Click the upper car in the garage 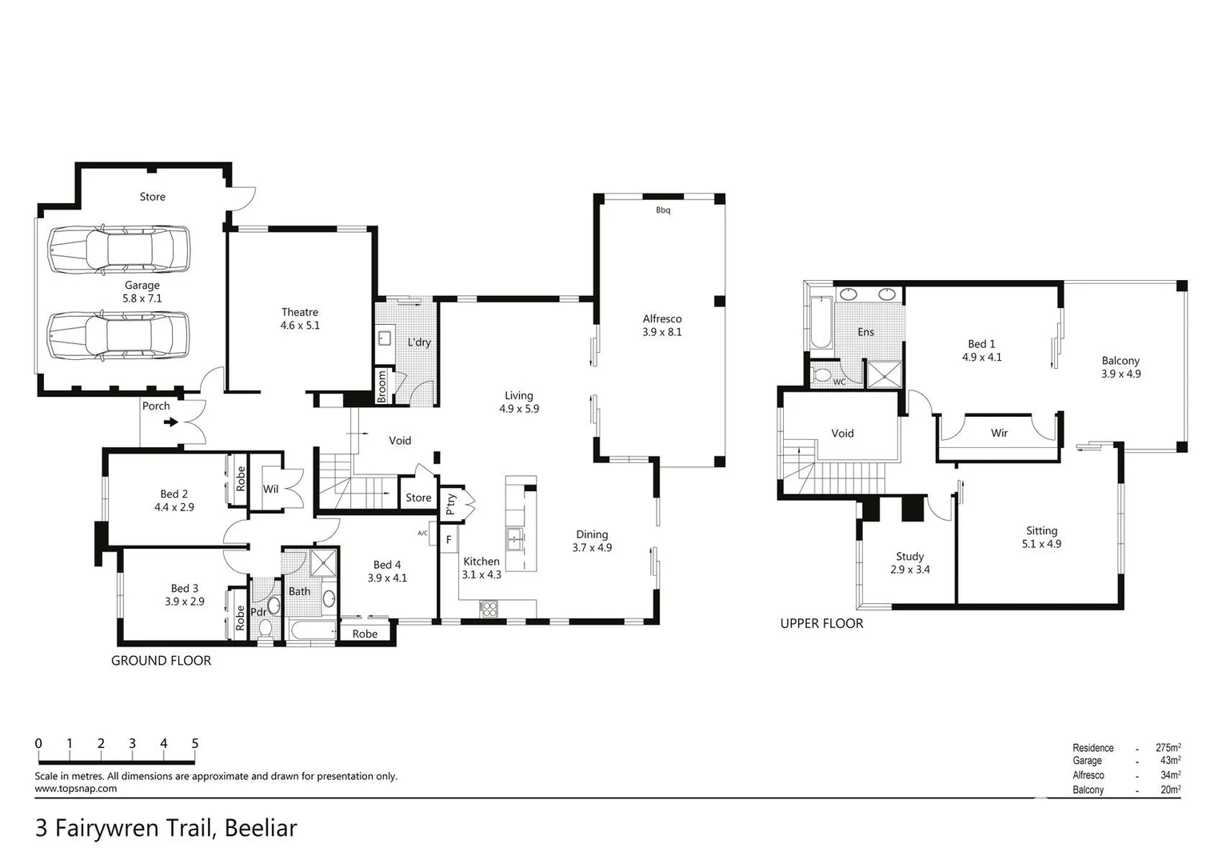pos(118,250)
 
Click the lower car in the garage pos(118,335)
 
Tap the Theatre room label pos(300,312)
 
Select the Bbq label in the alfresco pos(663,210)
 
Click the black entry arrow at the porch pos(170,422)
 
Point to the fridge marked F pos(449,540)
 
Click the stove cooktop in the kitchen pos(488,609)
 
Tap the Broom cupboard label pos(382,386)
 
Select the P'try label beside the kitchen pos(450,503)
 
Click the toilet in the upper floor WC pos(821,374)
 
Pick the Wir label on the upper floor pos(999,433)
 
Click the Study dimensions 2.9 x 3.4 pos(910,570)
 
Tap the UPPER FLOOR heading pos(821,623)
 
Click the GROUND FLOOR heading pos(161,660)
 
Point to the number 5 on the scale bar pos(195,743)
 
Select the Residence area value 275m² pos(1168,747)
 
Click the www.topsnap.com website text pos(75,788)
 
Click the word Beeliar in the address pos(261,828)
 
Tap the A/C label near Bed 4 pos(422,533)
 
